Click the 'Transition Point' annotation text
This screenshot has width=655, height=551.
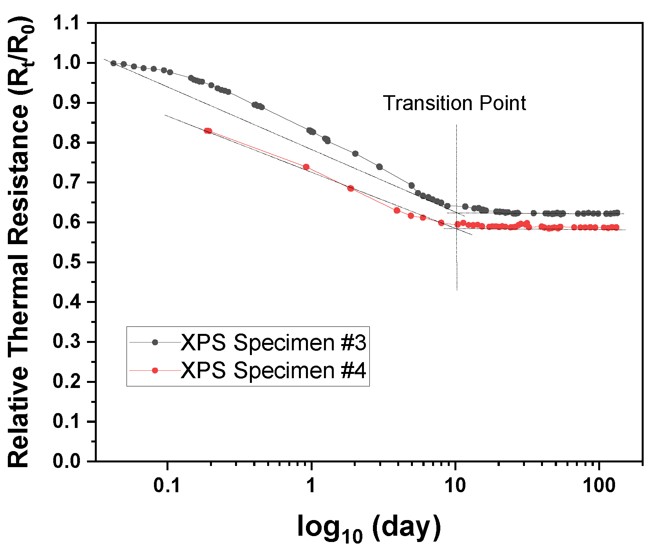coord(454,103)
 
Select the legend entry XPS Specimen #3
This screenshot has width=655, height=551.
coord(273,343)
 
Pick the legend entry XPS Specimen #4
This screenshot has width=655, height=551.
coord(273,370)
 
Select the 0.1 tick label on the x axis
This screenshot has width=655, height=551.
coord(167,486)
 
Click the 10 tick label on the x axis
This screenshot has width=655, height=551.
coord(455,486)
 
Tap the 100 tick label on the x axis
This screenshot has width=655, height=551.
coord(599,486)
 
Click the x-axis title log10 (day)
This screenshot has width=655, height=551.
coord(369,527)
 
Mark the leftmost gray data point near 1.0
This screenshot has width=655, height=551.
coord(114,63)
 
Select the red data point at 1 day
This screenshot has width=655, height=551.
coord(306,167)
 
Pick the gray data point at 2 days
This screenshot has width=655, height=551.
coord(355,154)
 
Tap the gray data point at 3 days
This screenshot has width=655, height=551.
coord(379,167)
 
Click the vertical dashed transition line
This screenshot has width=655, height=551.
coord(456,266)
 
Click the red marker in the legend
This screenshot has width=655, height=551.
coord(155,370)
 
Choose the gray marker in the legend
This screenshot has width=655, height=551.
coord(155,343)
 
